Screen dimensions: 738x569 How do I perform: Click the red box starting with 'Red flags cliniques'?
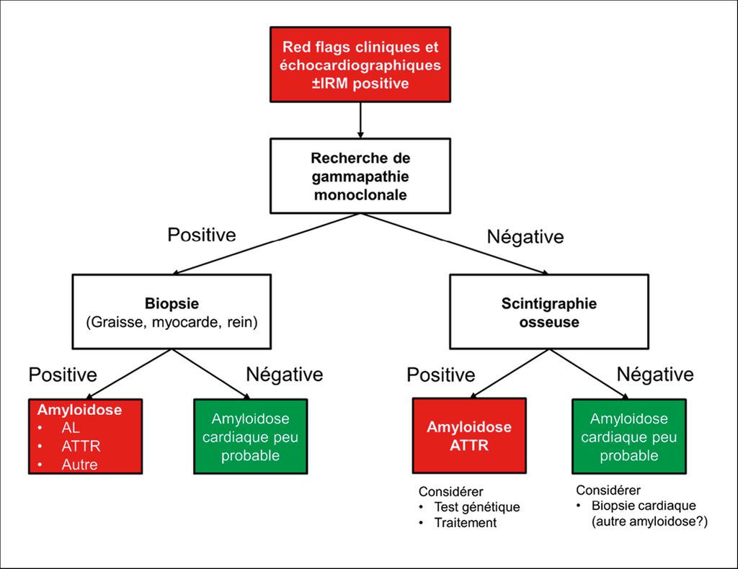360,64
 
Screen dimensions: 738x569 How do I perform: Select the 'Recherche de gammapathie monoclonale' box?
360,176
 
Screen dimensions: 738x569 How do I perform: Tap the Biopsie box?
172,312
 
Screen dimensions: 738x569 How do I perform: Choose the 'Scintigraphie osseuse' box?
548,312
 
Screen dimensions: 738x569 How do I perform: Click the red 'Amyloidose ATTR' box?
469,436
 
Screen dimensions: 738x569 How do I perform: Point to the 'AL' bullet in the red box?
71,428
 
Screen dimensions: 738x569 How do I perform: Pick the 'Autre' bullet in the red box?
79,465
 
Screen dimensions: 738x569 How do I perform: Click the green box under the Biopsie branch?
250,436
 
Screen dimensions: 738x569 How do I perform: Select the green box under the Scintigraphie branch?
628,436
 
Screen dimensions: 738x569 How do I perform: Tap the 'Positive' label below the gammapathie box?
202,235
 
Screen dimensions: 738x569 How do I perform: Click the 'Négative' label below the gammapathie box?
525,236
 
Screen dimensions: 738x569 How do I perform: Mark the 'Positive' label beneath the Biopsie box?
63,375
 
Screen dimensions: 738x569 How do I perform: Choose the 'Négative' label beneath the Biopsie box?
284,375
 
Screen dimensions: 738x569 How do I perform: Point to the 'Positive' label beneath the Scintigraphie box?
441,375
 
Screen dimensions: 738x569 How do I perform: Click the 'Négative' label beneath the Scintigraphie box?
655,375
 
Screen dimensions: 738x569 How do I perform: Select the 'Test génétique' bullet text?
477,507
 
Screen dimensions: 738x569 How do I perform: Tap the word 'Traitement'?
465,522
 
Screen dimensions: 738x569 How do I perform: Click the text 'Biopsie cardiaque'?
644,506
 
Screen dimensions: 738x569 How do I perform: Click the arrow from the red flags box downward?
360,120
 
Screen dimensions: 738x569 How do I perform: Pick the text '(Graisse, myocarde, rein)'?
172,322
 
